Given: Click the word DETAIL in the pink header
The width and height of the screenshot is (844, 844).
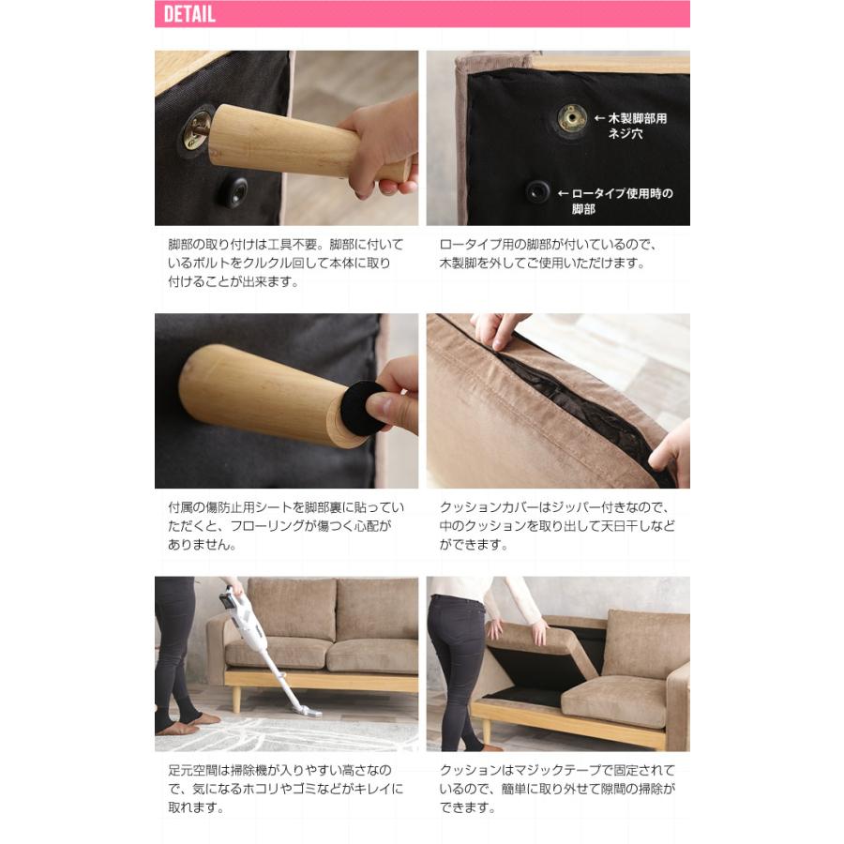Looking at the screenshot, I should [x=189, y=14].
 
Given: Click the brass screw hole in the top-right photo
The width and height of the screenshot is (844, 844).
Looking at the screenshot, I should [x=571, y=117].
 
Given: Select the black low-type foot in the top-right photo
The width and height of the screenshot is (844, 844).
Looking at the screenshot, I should [x=537, y=191].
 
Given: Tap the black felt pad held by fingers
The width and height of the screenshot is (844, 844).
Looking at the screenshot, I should [x=360, y=406].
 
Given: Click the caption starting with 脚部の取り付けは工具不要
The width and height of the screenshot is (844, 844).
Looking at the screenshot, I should [x=279, y=263].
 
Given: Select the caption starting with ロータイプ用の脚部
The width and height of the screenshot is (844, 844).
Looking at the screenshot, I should [x=551, y=253].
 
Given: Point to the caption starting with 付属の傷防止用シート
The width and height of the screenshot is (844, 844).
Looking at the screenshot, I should [x=279, y=525].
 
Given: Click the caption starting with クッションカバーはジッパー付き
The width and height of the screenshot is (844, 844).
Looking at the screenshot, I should [x=557, y=525].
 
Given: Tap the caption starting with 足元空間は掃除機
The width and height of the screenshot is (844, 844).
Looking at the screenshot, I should [x=279, y=789].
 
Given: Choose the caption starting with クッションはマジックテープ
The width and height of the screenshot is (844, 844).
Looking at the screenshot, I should [x=557, y=789].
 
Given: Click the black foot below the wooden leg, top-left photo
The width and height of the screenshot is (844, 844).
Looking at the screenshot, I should [x=233, y=192].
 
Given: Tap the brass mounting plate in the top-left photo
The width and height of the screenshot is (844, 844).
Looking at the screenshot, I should [x=197, y=129].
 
